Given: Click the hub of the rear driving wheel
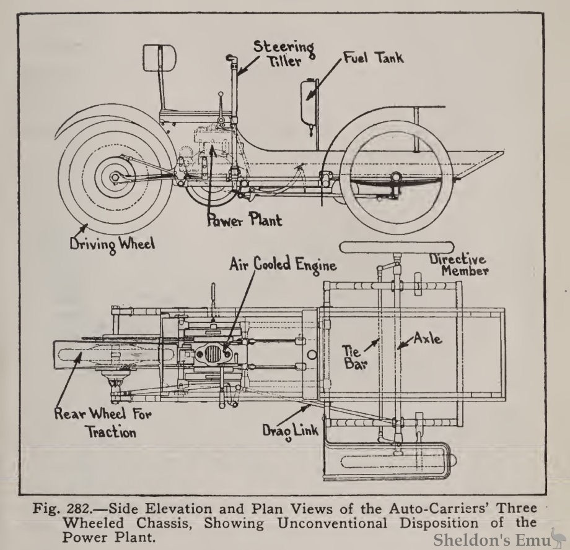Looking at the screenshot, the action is (115, 178).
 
